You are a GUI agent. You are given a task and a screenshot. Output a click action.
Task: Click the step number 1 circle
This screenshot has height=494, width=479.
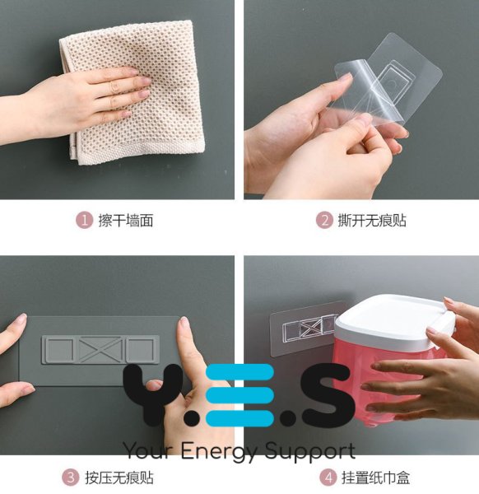coord(85,220)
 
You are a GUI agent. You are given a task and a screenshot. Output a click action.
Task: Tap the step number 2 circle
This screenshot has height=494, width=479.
coord(325,220)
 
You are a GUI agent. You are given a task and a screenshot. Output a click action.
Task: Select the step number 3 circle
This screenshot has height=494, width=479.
coord(71,478)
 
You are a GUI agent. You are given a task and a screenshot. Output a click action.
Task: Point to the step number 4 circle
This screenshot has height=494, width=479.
coord(328,478)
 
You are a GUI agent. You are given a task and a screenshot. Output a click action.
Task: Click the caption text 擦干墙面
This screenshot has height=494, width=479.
coord(126,220)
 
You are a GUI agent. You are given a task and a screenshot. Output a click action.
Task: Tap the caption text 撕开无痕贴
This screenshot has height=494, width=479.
coord(372,220)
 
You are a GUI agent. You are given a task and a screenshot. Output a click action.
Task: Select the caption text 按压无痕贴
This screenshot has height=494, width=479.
coord(119,478)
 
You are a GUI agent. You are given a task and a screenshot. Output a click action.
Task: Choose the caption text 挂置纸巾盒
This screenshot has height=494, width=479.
coord(375,478)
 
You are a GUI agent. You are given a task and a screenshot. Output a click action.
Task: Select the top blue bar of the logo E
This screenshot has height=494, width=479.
coord(239,371)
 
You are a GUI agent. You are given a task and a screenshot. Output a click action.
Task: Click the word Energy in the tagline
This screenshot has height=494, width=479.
coord(221,451)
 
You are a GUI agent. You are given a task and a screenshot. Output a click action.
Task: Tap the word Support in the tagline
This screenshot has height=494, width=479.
coord(310,451)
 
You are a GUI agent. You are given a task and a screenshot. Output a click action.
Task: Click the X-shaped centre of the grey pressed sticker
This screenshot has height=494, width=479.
coord(100,349)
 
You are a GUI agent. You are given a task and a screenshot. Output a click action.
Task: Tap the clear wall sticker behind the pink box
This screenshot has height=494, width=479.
coord(302,328)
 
